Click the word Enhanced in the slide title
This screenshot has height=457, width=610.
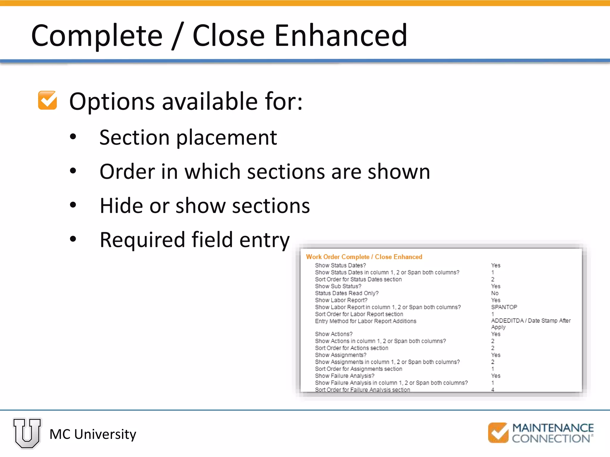click(340, 35)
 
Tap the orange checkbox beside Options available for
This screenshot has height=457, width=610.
click(47, 100)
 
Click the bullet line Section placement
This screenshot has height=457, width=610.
click(188, 137)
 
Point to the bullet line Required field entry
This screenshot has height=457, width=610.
click(194, 240)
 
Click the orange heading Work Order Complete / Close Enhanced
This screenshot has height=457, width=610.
click(364, 257)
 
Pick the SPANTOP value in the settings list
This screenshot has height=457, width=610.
click(504, 307)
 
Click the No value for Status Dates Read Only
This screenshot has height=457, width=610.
click(495, 293)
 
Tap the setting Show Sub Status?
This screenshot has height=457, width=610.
click(338, 286)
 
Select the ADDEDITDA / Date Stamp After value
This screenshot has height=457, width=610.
click(531, 321)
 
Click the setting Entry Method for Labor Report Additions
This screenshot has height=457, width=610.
click(365, 321)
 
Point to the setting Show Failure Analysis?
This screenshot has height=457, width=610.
click(345, 376)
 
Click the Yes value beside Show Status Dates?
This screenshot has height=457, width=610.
click(496, 265)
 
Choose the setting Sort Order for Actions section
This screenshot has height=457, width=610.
click(351, 348)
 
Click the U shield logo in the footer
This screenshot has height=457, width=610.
click(27, 433)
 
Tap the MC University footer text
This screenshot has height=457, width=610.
click(93, 434)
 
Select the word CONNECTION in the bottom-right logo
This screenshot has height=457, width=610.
click(551, 439)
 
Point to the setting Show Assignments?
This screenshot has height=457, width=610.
click(341, 355)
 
